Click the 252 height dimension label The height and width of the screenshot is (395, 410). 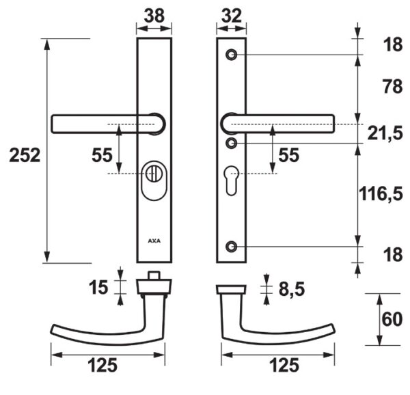(x=25, y=155)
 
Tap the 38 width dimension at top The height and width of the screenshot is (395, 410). (x=154, y=16)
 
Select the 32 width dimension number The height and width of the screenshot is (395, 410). (x=232, y=16)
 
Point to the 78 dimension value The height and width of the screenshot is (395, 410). (x=392, y=87)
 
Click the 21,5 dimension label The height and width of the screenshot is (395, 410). (x=385, y=133)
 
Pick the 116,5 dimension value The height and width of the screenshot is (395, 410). (x=381, y=193)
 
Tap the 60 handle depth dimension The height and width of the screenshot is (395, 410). (x=392, y=319)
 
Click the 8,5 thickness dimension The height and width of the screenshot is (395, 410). (x=292, y=289)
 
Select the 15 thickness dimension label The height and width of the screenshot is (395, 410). (x=98, y=287)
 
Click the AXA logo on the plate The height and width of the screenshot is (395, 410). (x=154, y=241)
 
